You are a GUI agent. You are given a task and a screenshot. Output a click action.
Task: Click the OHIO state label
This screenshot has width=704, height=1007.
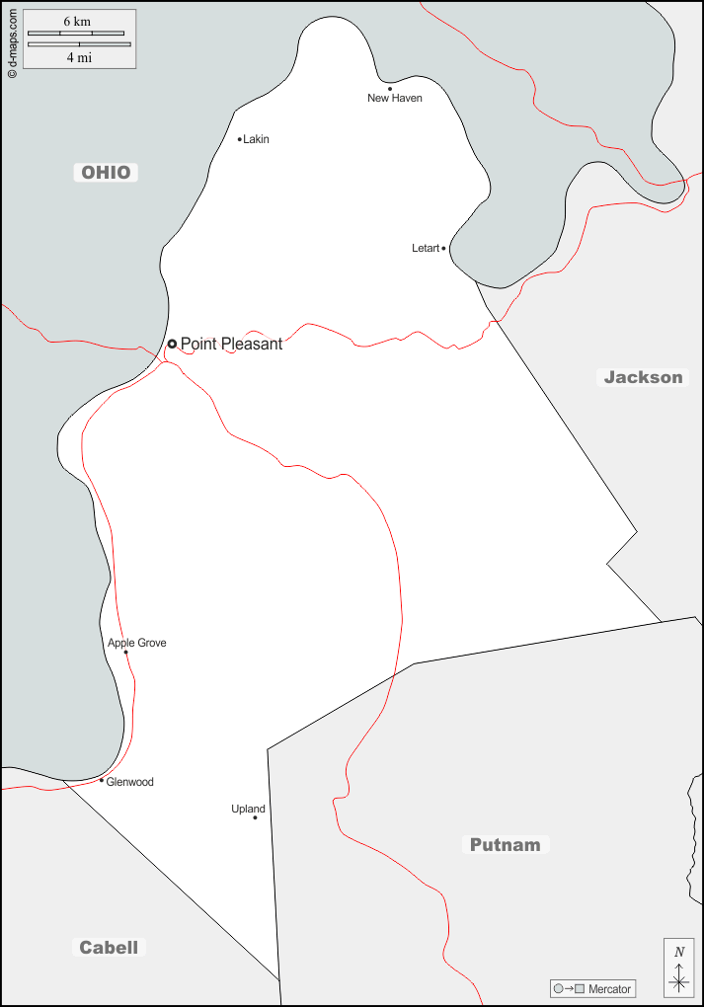click(106, 173)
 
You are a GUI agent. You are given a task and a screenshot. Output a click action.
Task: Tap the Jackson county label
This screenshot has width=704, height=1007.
click(643, 377)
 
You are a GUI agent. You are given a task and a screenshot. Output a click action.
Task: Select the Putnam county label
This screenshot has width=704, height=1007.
click(505, 845)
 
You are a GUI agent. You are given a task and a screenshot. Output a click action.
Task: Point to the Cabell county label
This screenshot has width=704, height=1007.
click(109, 948)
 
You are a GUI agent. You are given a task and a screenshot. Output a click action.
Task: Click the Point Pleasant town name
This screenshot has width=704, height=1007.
click(231, 345)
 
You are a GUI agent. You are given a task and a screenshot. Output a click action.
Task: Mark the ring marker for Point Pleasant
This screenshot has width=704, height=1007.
click(172, 344)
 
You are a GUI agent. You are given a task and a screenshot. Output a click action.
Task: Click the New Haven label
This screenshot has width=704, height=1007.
click(395, 99)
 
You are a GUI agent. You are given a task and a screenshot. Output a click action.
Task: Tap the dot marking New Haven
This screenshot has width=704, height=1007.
click(390, 89)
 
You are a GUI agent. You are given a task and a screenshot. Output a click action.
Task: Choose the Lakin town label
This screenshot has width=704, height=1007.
click(256, 139)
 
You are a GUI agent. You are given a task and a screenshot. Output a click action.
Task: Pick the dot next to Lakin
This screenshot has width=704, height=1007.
click(240, 139)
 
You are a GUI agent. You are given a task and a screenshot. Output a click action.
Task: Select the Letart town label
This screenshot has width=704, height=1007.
click(426, 249)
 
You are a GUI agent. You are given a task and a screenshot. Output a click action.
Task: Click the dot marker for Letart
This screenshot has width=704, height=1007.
click(444, 249)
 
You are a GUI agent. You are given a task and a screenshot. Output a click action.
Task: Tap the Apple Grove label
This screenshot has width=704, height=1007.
click(137, 644)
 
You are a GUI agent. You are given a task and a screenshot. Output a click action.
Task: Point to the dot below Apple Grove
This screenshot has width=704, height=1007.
click(125, 653)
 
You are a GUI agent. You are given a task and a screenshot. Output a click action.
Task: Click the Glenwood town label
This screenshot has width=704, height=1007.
click(130, 783)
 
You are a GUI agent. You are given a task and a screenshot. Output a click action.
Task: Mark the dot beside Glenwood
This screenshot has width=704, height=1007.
click(102, 780)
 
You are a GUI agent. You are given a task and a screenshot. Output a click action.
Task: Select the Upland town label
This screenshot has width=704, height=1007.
click(249, 810)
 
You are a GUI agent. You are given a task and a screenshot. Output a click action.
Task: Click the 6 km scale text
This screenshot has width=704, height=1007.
click(77, 22)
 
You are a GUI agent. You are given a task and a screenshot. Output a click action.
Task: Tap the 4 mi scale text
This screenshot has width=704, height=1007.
click(79, 57)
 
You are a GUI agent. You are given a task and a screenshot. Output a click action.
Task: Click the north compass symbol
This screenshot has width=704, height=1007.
click(678, 968)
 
